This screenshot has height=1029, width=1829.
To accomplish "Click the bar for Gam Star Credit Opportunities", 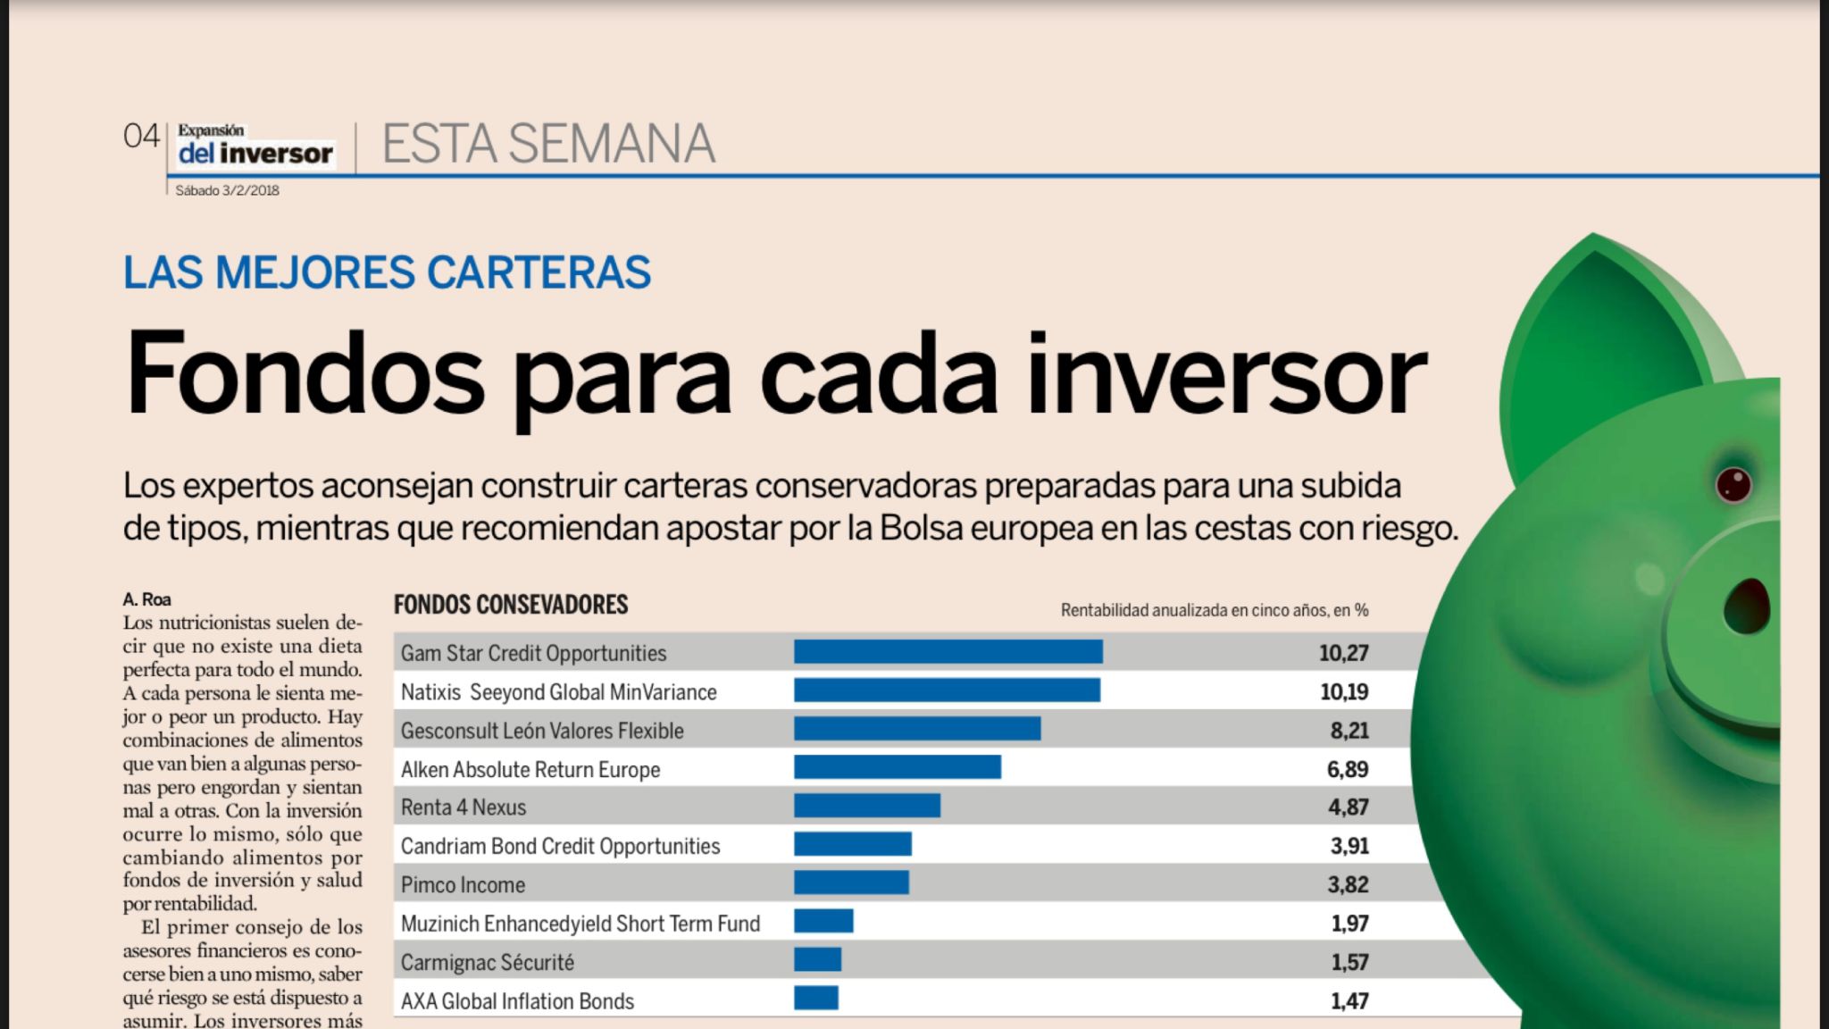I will (948, 652).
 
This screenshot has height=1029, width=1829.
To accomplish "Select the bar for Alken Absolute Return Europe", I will (897, 767).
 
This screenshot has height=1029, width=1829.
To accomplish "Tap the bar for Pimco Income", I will (851, 883).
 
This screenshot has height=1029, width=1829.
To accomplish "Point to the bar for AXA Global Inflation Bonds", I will (815, 998).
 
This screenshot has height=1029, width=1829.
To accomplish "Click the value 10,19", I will (1343, 691).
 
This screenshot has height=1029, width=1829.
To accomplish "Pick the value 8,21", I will (1349, 731).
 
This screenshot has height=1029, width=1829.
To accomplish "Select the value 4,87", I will (1348, 807).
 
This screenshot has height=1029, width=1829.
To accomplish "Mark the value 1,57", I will (1349, 962).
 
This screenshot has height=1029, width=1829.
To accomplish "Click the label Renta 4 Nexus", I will (464, 807).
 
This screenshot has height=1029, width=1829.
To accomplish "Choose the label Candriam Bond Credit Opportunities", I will (560, 846).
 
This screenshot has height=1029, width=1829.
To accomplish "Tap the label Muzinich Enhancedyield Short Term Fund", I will (580, 924).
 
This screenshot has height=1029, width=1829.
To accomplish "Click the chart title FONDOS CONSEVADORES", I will (511, 605).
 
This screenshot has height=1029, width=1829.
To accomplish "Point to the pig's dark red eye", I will (1733, 484).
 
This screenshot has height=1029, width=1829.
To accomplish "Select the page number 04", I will (141, 137).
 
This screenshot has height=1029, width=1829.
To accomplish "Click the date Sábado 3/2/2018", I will (227, 190).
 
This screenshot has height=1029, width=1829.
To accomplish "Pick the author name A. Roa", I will (146, 599).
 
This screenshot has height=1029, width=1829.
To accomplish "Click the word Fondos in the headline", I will (305, 375).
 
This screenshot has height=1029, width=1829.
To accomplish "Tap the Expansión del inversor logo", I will (255, 145).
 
